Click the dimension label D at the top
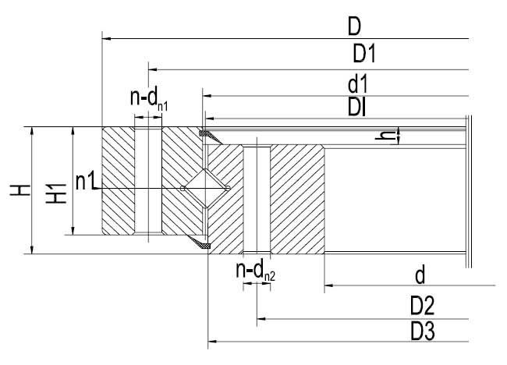[354, 27]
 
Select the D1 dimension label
[364, 54]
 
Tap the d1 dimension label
[358, 84]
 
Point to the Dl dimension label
[356, 107]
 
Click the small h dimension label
[385, 136]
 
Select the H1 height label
[56, 193]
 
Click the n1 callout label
[85, 182]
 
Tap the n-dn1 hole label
[149, 98]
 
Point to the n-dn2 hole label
[255, 271]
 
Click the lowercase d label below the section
[420, 276]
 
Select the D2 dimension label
[422, 307]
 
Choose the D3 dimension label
[422, 331]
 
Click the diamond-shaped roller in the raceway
[205, 188]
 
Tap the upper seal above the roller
[210, 136]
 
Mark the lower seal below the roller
[199, 242]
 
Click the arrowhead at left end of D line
[107, 39]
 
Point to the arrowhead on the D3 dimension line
[212, 341]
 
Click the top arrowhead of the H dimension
[32, 131]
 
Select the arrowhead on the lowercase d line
[329, 285]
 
